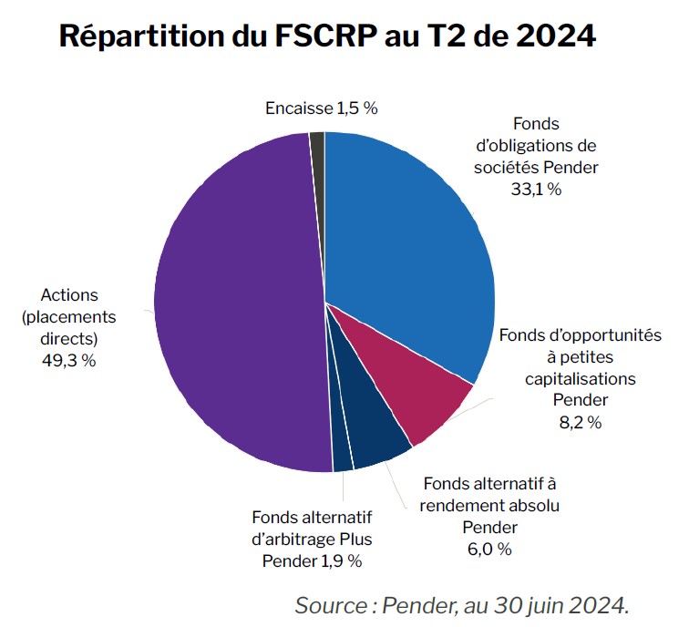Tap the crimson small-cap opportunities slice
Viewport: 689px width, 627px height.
point(419,383)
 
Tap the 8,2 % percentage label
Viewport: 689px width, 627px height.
point(580,422)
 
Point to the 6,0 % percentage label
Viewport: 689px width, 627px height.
point(490,549)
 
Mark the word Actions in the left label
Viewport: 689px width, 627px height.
point(69,295)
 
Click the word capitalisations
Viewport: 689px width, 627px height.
point(581,377)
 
